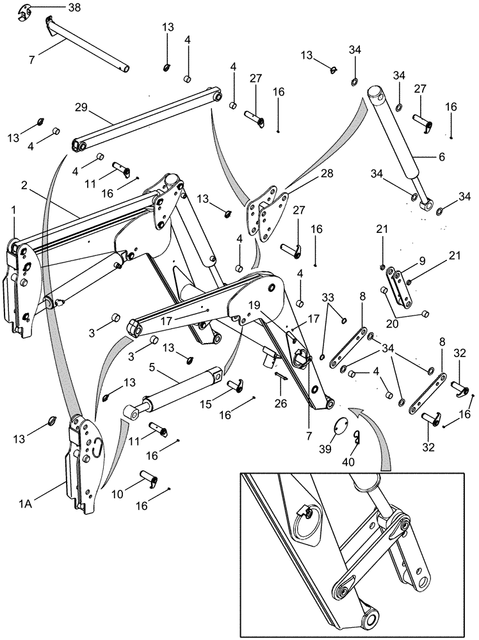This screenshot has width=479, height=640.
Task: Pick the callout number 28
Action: (x=309, y=173)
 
